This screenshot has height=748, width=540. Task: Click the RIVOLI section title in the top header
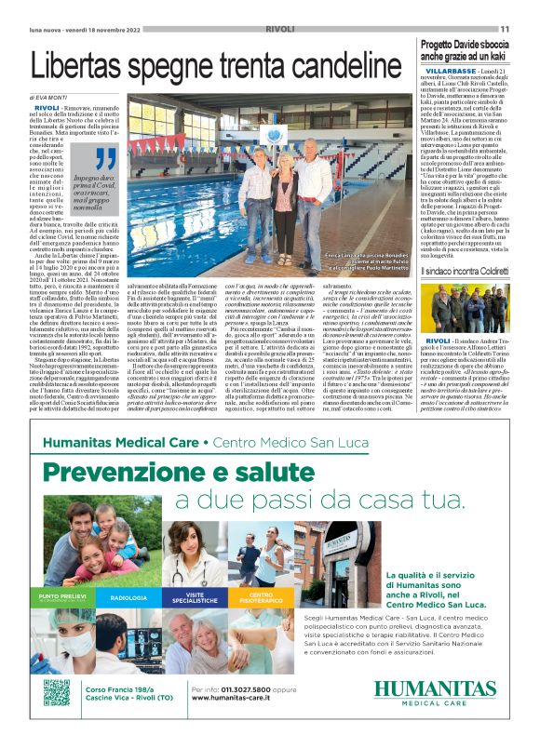click(279, 29)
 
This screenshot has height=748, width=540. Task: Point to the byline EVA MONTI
click(55, 98)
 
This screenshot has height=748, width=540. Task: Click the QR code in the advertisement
click(57, 692)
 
